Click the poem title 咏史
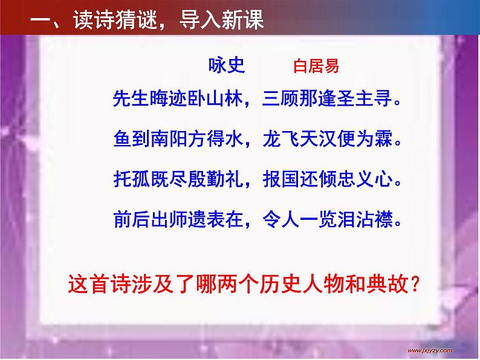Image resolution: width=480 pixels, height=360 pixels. [226, 66]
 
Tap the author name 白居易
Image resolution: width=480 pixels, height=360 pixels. [316, 66]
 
